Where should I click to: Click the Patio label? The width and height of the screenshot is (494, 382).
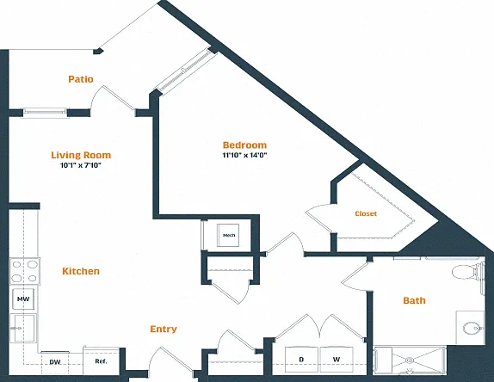pyautogui.click(x=81, y=79)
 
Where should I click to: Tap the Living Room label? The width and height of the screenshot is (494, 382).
pyautogui.click(x=81, y=155)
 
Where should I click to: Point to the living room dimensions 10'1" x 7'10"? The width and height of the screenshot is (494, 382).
pyautogui.click(x=81, y=165)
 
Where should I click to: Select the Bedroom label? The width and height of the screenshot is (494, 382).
pyautogui.click(x=244, y=145)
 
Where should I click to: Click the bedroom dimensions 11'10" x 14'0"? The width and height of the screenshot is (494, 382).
pyautogui.click(x=244, y=155)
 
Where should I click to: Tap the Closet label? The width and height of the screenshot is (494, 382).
pyautogui.click(x=366, y=213)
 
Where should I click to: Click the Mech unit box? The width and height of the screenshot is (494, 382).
pyautogui.click(x=228, y=235)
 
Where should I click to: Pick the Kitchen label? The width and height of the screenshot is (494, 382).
pyautogui.click(x=81, y=271)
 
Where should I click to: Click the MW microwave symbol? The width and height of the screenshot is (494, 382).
pyautogui.click(x=23, y=299)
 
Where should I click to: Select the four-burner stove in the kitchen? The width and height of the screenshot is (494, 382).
pyautogui.click(x=24, y=271)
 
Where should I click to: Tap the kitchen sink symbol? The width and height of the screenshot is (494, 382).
pyautogui.click(x=22, y=328)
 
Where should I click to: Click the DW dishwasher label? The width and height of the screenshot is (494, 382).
pyautogui.click(x=55, y=362)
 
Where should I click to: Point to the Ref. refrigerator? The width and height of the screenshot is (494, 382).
pyautogui.click(x=101, y=360)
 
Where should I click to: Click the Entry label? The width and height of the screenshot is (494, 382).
pyautogui.click(x=164, y=330)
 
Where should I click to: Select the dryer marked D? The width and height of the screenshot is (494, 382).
pyautogui.click(x=301, y=360)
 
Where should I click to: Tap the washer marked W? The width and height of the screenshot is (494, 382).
pyautogui.click(x=337, y=360)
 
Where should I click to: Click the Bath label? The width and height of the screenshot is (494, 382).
pyautogui.click(x=414, y=300)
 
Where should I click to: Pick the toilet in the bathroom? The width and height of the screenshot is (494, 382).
pyautogui.click(x=468, y=272)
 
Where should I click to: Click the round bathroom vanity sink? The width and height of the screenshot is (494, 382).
pyautogui.click(x=472, y=328)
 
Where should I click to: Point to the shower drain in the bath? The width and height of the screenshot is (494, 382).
pyautogui.click(x=410, y=360)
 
